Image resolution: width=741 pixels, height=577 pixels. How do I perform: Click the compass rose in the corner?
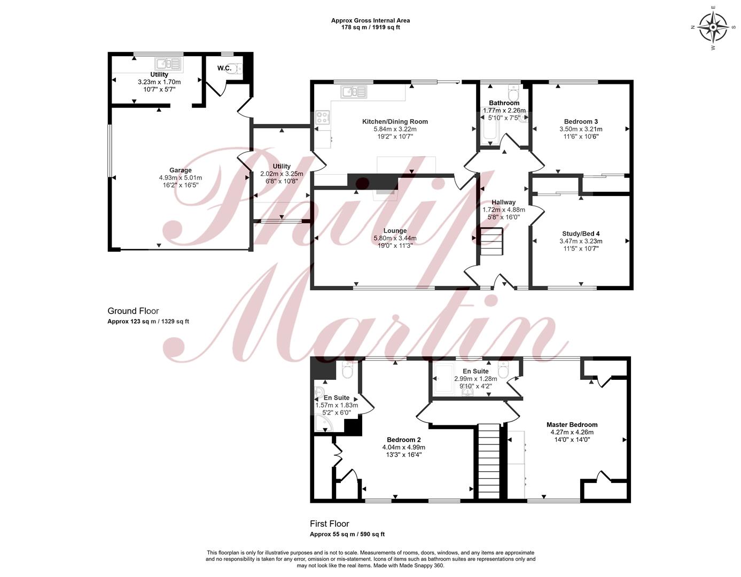click(x=713, y=27)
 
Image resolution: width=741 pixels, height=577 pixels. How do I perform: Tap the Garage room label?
click(x=181, y=170)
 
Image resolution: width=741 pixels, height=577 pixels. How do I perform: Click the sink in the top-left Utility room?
click(x=168, y=64)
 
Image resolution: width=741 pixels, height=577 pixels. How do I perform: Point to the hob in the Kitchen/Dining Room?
click(x=323, y=118)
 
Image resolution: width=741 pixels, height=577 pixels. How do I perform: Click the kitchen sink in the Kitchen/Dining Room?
click(x=354, y=91)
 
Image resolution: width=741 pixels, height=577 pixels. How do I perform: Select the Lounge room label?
click(x=395, y=230)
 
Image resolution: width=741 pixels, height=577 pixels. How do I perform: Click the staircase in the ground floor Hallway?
click(x=492, y=241)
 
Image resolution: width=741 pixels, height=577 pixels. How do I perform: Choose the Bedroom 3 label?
click(x=581, y=121)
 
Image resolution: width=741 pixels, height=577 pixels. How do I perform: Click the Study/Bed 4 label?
click(x=581, y=233)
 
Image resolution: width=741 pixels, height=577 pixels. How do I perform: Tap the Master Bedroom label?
click(x=572, y=425)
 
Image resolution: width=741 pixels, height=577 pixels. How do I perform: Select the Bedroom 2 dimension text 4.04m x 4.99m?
click(x=404, y=447)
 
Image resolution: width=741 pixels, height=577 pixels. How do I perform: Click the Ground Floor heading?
click(x=133, y=311)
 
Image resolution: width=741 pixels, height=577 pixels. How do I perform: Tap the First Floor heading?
click(x=330, y=524)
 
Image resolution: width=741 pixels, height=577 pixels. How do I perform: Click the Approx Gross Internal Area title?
click(x=370, y=20)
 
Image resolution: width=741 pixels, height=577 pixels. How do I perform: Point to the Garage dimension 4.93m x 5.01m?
click(x=181, y=178)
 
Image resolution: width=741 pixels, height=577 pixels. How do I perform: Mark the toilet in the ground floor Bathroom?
click(x=513, y=91)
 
